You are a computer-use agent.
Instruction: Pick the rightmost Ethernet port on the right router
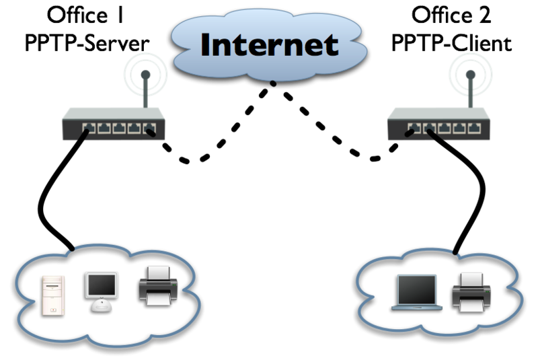click(476, 127)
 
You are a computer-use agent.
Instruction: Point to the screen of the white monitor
click(102, 285)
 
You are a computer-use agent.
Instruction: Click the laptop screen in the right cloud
click(417, 290)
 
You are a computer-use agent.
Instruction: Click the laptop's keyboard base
click(418, 308)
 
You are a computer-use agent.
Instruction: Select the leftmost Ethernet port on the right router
click(411, 127)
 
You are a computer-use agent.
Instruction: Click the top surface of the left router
click(114, 113)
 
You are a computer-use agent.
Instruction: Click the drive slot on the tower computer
click(54, 282)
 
